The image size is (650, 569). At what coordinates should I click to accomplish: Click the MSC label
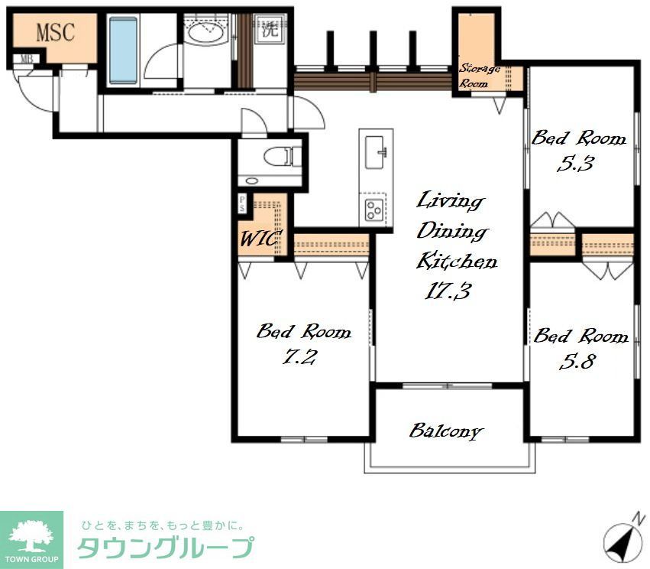coord(55,33)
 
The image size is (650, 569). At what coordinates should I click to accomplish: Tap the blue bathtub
coord(123,50)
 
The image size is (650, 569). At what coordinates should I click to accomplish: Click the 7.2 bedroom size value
coord(299,357)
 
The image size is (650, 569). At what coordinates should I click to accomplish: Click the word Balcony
coord(446,431)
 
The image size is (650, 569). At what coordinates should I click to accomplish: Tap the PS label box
coord(242,203)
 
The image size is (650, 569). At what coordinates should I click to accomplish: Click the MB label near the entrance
coord(26,58)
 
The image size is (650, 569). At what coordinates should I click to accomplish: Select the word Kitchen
coord(457,262)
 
